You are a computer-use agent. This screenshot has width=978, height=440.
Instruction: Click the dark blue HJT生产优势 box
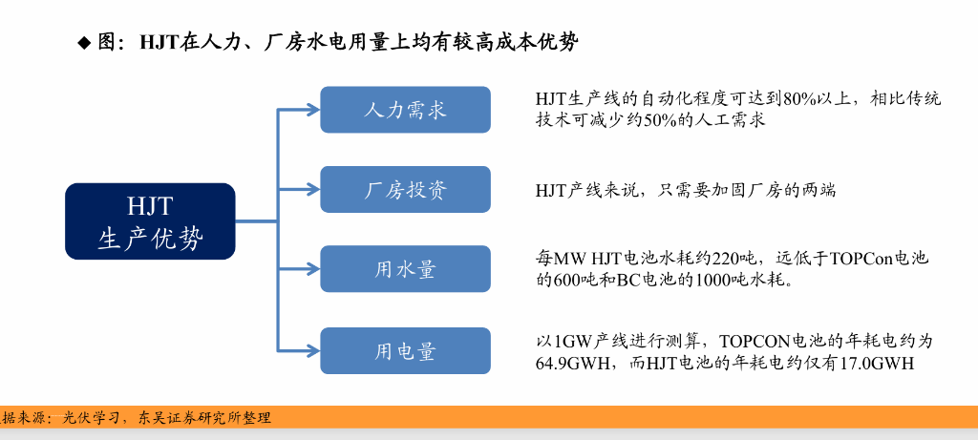(150, 220)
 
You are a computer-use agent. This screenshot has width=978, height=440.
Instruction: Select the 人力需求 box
(405, 110)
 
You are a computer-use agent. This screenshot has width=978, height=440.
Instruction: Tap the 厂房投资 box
(405, 189)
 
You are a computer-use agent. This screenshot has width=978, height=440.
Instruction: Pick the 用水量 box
(405, 269)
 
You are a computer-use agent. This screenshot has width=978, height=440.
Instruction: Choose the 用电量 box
(405, 350)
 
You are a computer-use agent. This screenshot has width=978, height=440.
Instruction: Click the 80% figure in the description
(798, 98)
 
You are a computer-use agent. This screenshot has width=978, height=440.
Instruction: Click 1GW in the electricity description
(574, 341)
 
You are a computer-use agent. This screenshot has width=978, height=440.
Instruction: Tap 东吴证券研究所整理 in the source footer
(204, 417)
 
